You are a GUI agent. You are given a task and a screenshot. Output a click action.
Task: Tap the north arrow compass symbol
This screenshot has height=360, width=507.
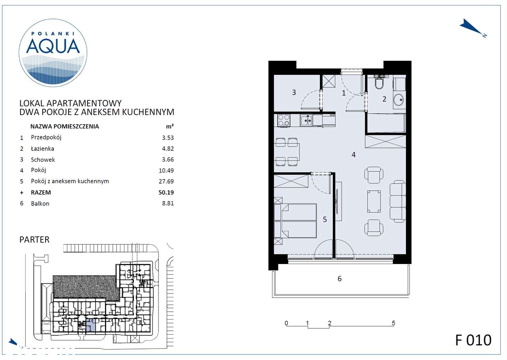click(x=472, y=28)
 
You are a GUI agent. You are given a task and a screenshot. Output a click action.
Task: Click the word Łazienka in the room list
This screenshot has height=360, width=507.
click(x=42, y=149)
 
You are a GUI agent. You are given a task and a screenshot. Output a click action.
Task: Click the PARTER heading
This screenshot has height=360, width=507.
click(x=34, y=239)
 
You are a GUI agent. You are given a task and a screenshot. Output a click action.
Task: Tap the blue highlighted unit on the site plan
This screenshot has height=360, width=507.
click(x=91, y=326)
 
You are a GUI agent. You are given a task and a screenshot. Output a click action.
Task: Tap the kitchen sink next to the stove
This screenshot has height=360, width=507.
click(x=306, y=120)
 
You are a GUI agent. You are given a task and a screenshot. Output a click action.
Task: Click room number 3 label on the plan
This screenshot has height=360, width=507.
click(x=294, y=92)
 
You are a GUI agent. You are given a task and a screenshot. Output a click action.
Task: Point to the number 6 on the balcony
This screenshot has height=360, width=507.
click(x=339, y=279)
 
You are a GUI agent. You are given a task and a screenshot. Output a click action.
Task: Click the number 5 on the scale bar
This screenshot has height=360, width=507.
click(x=393, y=323)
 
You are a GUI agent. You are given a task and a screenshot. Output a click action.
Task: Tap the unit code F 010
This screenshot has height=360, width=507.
click(x=473, y=340)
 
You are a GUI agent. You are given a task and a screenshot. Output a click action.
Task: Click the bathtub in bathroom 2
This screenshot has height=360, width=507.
click(x=386, y=123)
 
